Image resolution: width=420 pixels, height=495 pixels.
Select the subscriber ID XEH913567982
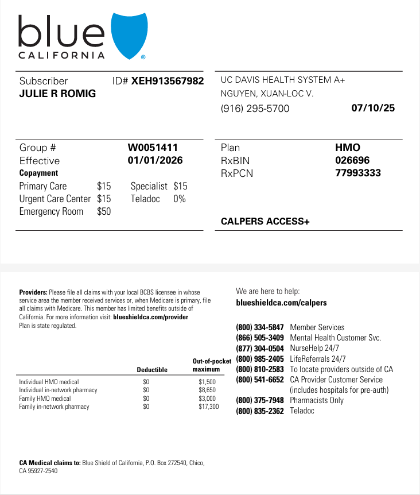168,81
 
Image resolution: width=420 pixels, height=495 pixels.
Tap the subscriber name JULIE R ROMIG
57,94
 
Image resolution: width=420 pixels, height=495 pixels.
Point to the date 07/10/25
373,107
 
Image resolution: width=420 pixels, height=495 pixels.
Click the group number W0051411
153,148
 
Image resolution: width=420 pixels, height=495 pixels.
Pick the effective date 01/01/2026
155,160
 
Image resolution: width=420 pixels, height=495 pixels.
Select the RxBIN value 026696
352,160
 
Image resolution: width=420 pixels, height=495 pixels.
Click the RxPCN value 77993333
357,173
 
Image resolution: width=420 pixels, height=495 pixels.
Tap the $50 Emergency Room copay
104,211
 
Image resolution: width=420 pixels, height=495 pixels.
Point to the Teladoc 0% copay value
180,199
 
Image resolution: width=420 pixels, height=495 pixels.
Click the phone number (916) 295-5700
255,109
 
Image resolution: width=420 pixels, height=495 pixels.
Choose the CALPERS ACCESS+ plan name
265,221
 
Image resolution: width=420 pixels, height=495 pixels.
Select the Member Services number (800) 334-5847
260,327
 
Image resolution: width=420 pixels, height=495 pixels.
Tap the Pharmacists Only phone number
260,400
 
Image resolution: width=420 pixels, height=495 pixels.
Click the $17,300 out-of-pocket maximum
209,407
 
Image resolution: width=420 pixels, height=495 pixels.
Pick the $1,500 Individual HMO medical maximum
207,381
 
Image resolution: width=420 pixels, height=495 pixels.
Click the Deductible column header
152,370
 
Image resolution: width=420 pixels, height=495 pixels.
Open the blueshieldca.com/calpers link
281,303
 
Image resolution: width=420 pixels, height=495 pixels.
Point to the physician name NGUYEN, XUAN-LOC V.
267,93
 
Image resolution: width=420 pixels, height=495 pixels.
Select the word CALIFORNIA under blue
62,56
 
